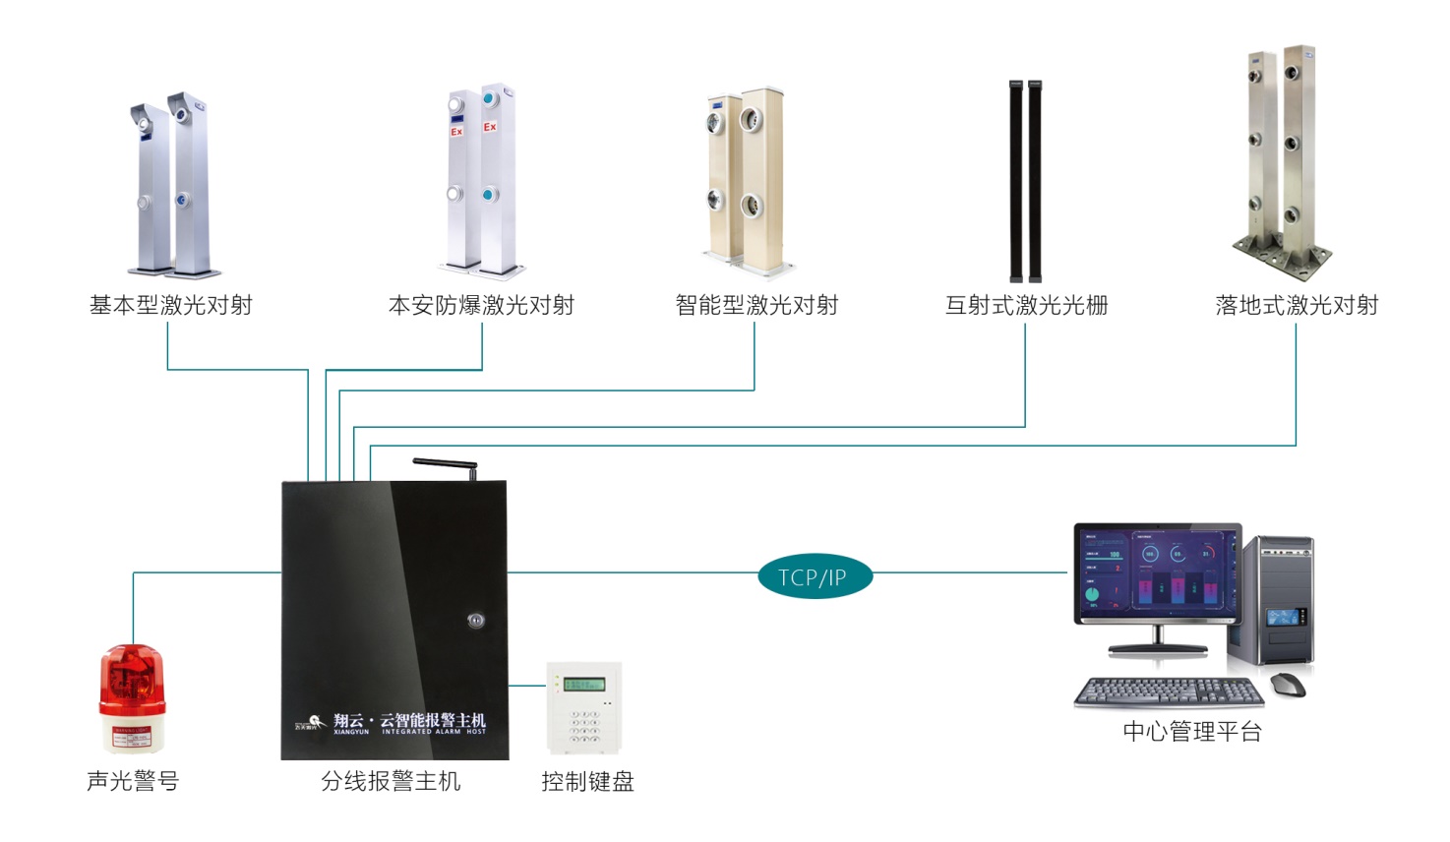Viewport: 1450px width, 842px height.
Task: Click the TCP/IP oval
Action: point(815,577)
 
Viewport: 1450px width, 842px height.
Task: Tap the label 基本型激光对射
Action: point(171,306)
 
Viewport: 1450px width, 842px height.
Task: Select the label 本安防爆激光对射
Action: point(481,306)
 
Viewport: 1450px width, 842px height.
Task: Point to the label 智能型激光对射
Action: point(756,306)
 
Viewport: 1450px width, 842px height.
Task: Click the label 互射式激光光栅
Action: point(1026,306)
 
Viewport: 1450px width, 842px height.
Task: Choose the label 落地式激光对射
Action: point(1297,306)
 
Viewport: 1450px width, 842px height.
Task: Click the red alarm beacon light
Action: point(132,697)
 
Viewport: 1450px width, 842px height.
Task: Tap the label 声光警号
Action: point(133,781)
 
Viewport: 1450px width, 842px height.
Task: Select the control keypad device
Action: point(584,707)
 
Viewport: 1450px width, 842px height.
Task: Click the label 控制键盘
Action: point(587,782)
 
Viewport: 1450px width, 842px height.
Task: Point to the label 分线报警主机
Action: point(391,782)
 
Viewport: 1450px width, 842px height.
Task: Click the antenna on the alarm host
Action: point(446,464)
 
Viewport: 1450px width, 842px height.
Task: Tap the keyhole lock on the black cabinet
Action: point(476,620)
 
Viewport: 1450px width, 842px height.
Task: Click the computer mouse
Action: point(1287,685)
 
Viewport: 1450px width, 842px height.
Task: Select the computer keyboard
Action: point(1168,692)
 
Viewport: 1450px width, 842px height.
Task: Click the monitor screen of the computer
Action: point(1157,574)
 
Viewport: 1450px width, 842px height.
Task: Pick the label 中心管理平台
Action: point(1191,732)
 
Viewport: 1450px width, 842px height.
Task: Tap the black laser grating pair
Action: point(1025,182)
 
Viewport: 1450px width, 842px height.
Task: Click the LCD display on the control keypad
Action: point(583,685)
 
